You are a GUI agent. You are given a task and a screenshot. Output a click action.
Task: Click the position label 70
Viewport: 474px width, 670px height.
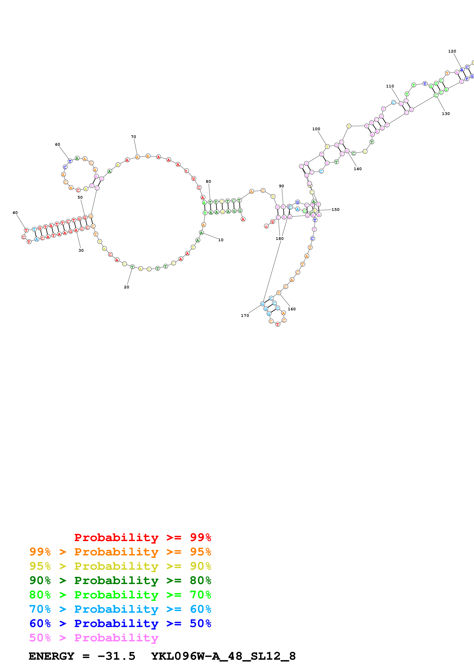[x=133, y=137]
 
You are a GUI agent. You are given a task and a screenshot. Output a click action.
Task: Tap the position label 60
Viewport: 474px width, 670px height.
[x=58, y=144]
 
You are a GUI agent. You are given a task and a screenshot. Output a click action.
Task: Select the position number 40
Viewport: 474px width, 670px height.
[x=15, y=213]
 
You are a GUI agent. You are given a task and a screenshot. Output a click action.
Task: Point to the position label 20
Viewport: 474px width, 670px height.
[x=126, y=287]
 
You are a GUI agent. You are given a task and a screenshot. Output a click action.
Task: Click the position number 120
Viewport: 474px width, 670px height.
[x=452, y=51]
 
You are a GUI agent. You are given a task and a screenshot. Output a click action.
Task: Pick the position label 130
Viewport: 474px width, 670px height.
[x=446, y=114]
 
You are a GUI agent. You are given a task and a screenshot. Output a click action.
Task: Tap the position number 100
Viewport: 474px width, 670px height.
[x=316, y=129]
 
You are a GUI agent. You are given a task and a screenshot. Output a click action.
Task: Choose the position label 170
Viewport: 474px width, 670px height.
[x=245, y=316]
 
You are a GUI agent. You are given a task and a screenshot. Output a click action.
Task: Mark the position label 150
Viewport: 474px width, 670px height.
[x=335, y=210]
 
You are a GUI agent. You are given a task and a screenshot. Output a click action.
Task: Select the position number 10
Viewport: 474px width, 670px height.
[x=221, y=240]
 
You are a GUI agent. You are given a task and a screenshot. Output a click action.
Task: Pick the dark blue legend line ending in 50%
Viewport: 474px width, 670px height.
[x=120, y=623]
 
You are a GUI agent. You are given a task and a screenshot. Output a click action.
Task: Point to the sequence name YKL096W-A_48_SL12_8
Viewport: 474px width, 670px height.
[x=223, y=656]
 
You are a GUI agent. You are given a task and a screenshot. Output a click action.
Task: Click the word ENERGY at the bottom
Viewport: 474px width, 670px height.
[x=51, y=656]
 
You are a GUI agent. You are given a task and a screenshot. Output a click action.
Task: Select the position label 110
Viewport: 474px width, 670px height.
[x=390, y=86]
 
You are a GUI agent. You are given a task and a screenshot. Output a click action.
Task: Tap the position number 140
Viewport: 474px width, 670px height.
[x=358, y=169]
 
